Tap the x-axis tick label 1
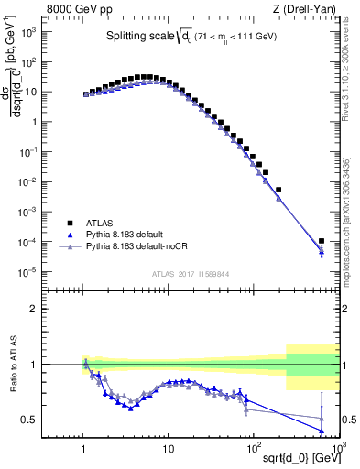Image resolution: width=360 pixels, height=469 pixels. [x=84, y=449]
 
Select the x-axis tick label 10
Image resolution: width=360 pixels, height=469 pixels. [x=168, y=449]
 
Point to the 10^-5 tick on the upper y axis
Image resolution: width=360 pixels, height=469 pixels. [x=30, y=271]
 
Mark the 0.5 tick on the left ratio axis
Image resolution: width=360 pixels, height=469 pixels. [x=33, y=420]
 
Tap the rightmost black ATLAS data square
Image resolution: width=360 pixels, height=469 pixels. [x=322, y=241]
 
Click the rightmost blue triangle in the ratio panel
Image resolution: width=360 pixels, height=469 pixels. [x=322, y=431]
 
